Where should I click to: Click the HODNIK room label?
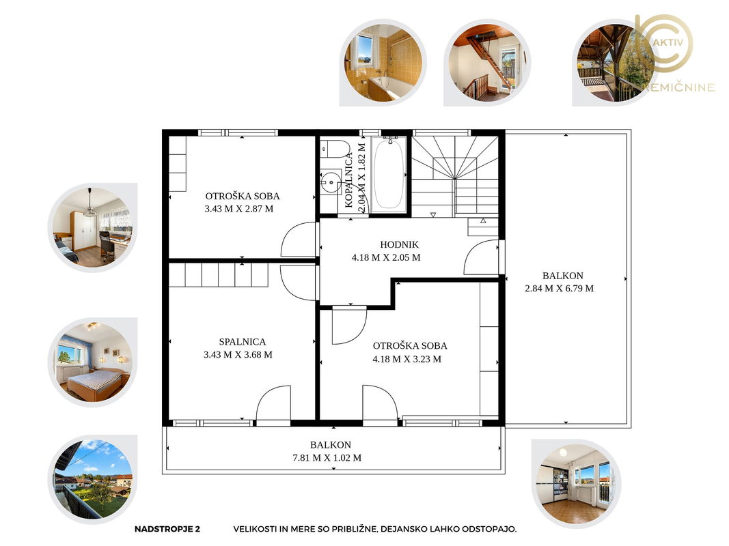click(399, 244)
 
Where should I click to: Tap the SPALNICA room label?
click(243, 342)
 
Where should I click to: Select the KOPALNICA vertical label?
click(348, 180)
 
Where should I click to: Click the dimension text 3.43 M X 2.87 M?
click(239, 209)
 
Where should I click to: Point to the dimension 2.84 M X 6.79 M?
click(560, 288)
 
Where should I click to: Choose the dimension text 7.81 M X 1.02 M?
click(327, 458)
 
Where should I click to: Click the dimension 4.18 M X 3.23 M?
click(407, 359)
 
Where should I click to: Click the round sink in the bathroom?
click(331, 182)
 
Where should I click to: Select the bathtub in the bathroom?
click(389, 173)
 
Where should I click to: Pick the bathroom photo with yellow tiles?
click(383, 63)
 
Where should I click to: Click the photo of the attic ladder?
click(487, 63)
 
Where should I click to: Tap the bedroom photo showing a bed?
click(92, 362)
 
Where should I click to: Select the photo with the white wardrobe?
click(92, 227)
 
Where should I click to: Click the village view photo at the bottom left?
click(92, 480)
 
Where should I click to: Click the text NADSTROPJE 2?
click(167, 529)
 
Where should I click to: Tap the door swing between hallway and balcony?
click(482, 258)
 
